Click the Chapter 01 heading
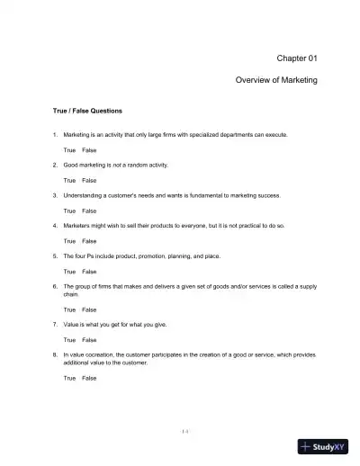(x=296, y=58)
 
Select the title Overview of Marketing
(x=276, y=80)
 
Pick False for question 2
(x=89, y=180)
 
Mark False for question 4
(x=89, y=241)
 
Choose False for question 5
(x=89, y=271)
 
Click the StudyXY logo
(x=325, y=445)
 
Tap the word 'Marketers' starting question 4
(x=79, y=226)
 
